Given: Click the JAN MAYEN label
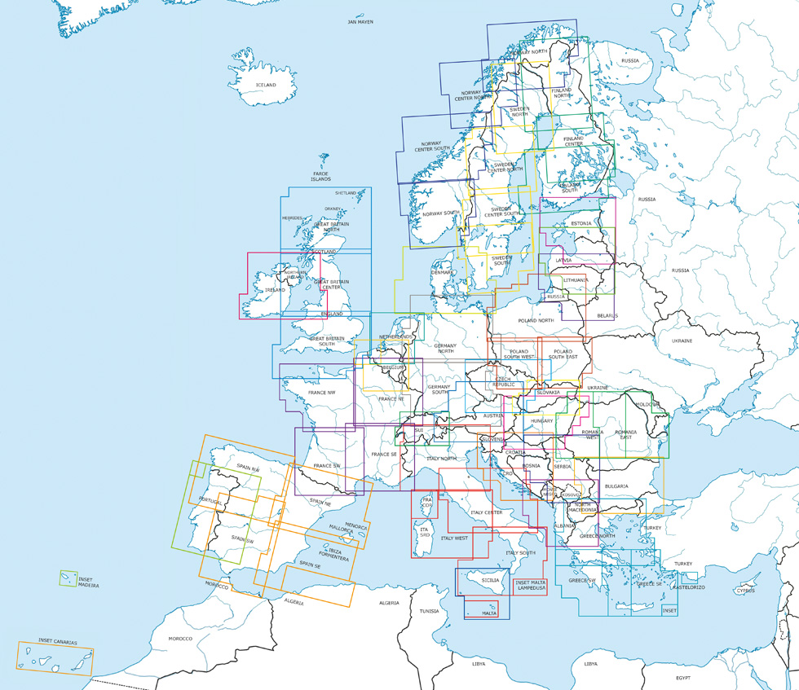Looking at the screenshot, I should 360,22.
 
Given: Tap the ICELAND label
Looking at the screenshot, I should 266,85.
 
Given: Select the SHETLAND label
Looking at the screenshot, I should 346,193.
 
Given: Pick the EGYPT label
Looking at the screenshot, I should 682,678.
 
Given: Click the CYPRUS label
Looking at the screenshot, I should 745,591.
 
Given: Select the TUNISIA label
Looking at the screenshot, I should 430,610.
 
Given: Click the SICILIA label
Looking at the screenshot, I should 490,580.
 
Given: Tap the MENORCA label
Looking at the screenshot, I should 356,526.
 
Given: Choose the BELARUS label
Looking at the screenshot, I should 607,315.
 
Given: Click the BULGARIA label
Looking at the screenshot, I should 616,486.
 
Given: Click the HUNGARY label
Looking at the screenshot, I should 541,420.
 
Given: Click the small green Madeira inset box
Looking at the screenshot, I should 68,579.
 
